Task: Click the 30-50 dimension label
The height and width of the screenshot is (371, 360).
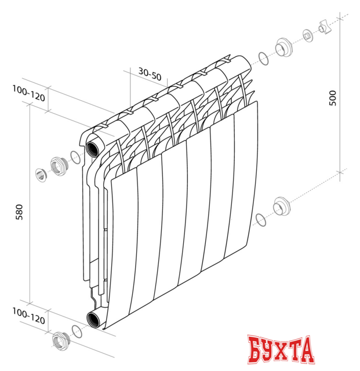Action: pos(150,74)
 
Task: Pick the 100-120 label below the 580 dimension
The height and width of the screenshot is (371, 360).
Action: pos(28,318)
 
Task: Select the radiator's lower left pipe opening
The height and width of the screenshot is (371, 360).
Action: pos(93,318)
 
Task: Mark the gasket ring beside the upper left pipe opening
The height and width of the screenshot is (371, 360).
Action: pos(75,157)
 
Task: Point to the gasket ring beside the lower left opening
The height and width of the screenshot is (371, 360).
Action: pos(76,331)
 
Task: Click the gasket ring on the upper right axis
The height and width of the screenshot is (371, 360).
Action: pos(263,59)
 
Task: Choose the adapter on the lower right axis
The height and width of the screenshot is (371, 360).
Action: pos(281,206)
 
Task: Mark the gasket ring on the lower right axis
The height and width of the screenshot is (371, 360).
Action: pos(261,219)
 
